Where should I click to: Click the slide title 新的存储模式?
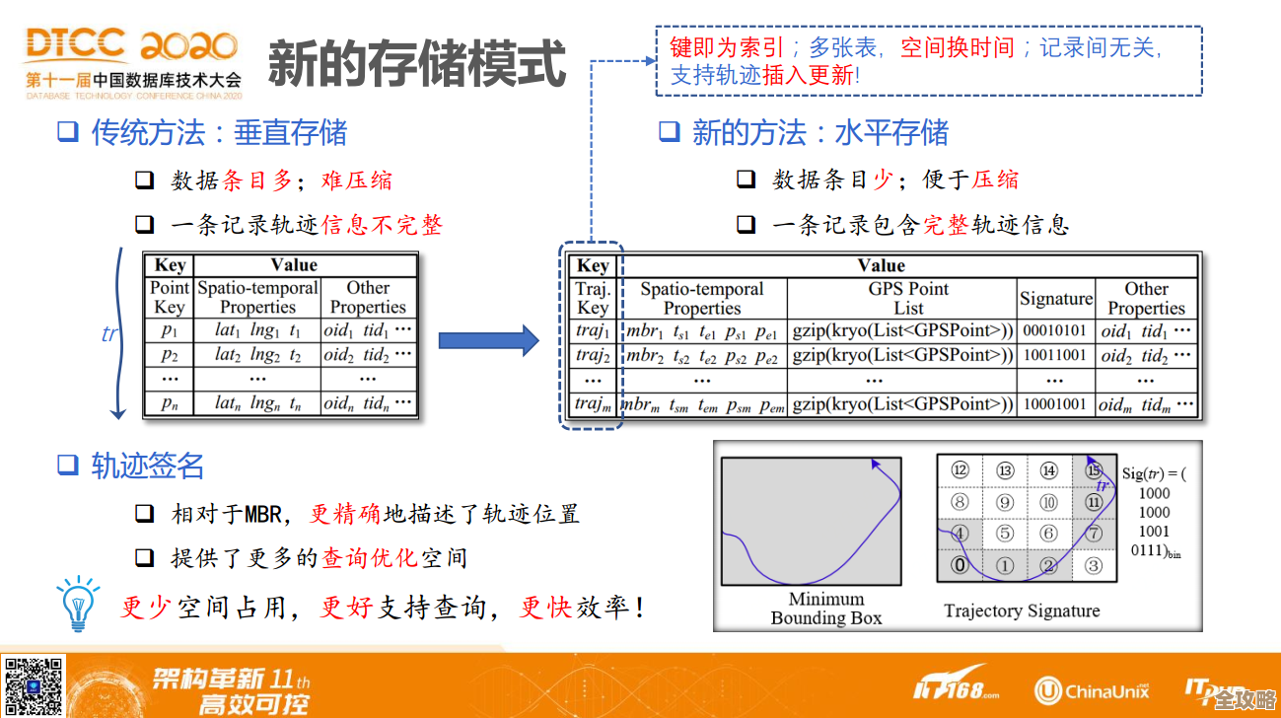(x=417, y=62)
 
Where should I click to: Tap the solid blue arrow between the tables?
(x=488, y=341)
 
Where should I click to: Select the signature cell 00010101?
(x=1054, y=330)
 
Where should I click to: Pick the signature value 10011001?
(x=1054, y=355)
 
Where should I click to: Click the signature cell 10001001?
(x=1054, y=403)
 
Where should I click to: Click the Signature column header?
(x=1055, y=299)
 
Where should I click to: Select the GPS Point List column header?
(x=901, y=298)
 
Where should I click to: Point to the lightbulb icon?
(x=78, y=604)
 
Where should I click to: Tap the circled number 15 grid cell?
(x=1093, y=470)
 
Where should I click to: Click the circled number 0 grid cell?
(x=959, y=565)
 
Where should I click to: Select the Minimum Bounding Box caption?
(x=825, y=609)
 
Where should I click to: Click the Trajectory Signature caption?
(x=1021, y=610)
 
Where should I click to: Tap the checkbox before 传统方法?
(x=67, y=131)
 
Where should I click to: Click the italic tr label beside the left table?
(x=109, y=333)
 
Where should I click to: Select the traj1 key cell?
(x=593, y=330)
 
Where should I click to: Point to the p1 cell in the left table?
(x=169, y=330)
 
